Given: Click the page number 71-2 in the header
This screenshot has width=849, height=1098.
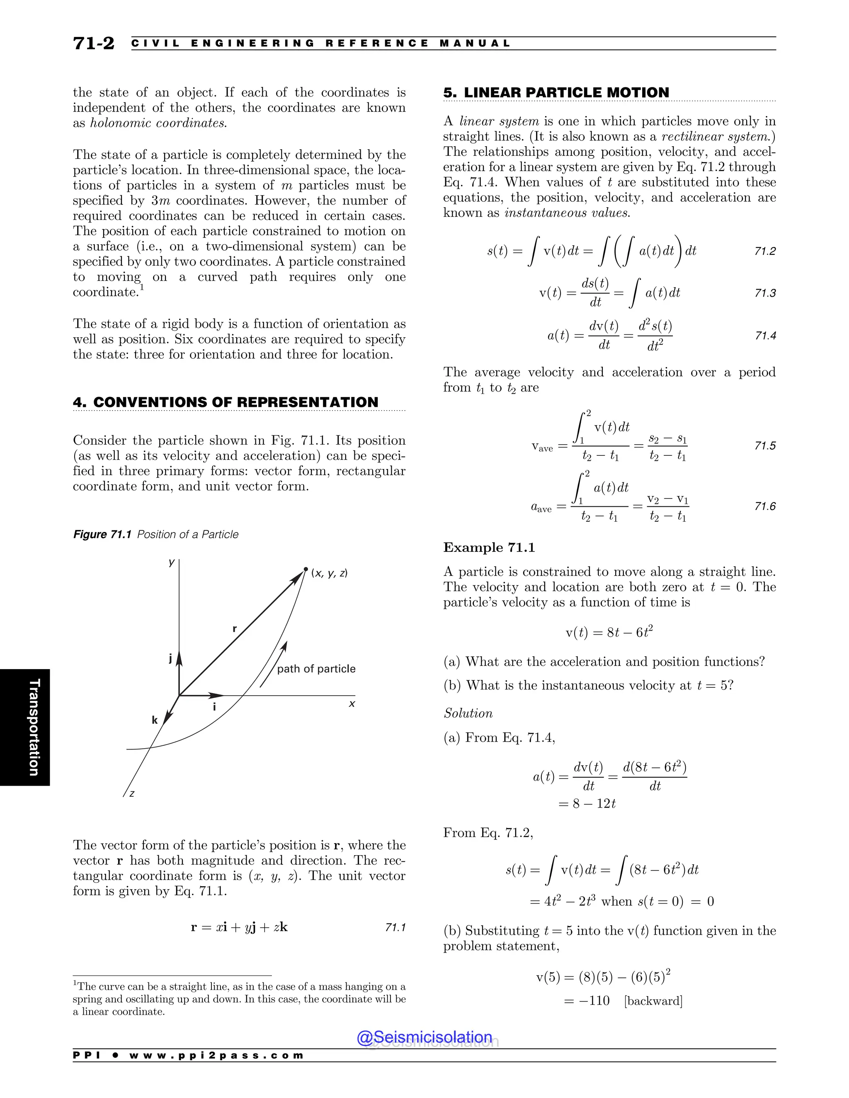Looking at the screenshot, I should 94,43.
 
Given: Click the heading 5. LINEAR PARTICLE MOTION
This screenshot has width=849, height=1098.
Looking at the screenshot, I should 556,92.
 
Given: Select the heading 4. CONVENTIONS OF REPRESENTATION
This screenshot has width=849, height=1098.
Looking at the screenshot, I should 226,402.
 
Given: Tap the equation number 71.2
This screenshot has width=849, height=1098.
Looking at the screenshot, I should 764,252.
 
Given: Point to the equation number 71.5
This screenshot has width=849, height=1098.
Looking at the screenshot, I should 764,446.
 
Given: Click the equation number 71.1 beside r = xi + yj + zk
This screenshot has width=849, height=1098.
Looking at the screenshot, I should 395,928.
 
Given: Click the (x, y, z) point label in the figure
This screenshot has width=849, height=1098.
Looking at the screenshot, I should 330,573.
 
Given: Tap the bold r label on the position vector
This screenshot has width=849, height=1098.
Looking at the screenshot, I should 234,629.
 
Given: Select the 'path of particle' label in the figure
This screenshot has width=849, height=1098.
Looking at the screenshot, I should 316,669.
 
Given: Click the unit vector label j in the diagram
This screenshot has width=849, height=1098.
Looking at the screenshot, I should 170,658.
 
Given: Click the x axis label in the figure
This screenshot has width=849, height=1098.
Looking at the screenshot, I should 352,704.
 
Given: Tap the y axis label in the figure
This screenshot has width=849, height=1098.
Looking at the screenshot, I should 172,563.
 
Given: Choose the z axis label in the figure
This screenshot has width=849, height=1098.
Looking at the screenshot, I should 132,794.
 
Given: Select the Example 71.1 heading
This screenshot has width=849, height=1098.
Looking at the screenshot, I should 489,547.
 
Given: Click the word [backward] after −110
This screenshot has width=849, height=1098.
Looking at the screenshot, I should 653,1001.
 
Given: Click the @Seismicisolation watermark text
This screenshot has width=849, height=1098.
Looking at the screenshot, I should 424,1037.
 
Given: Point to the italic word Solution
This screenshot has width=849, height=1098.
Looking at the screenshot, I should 468,713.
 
